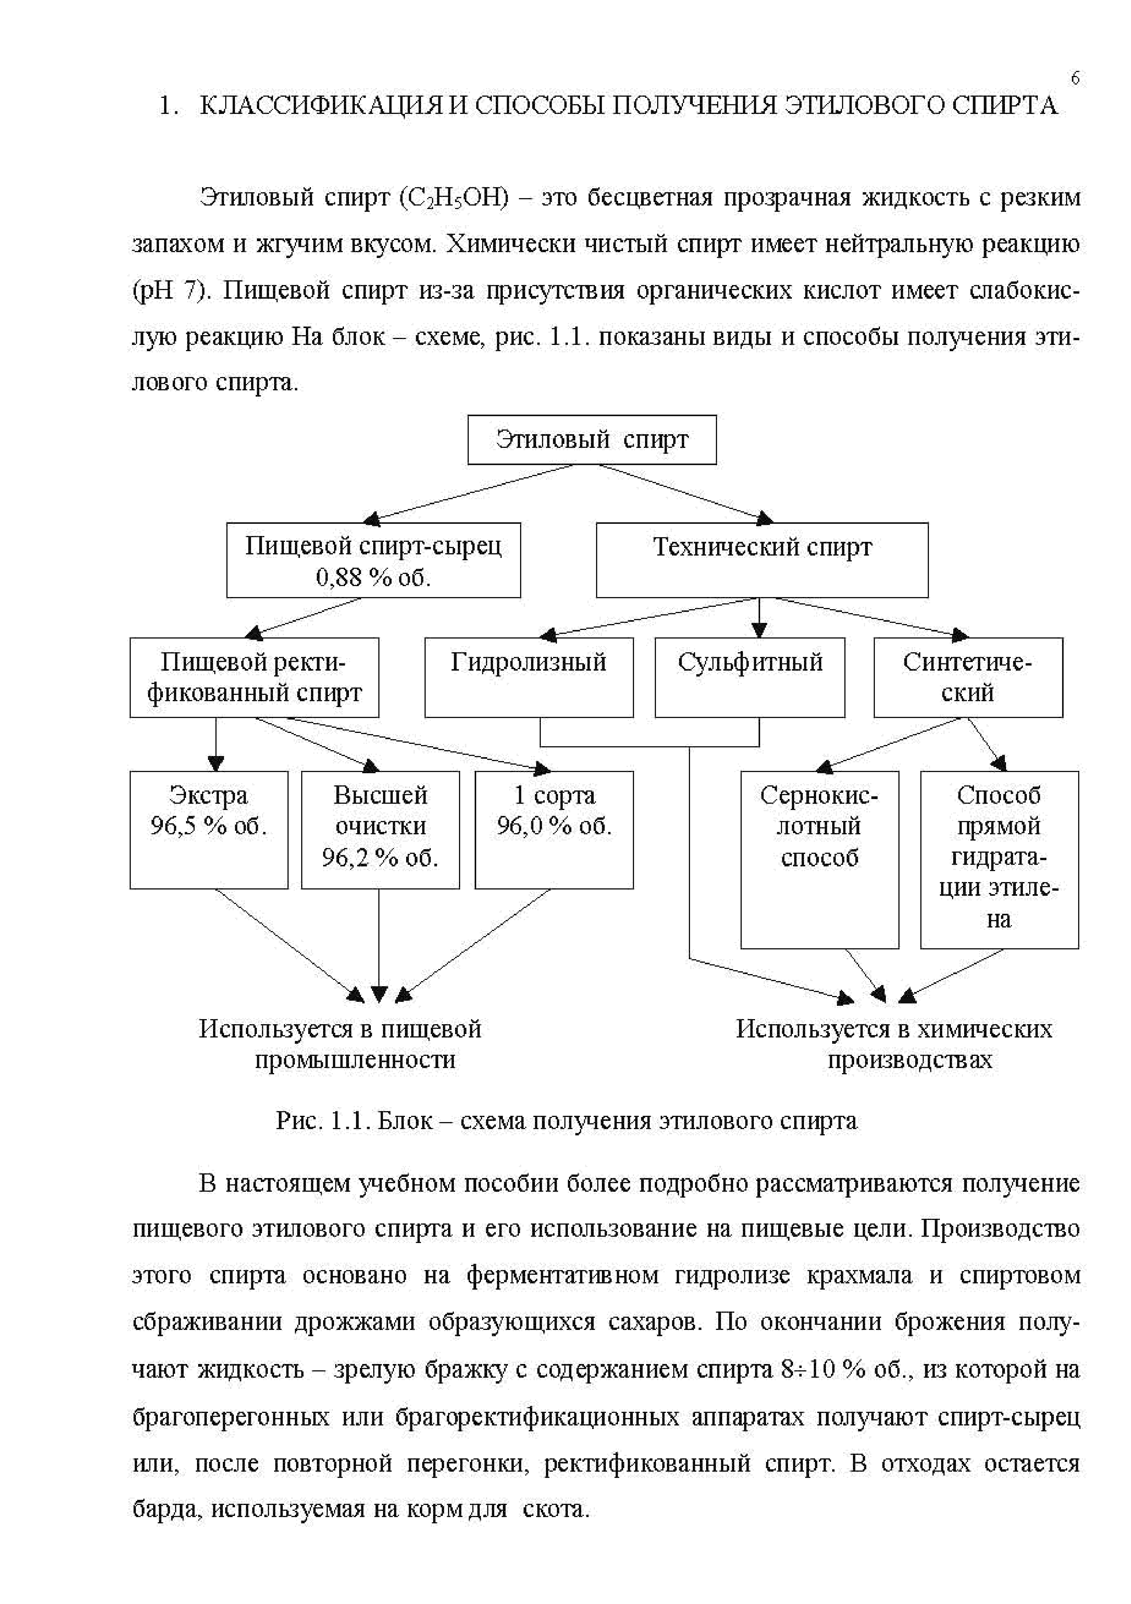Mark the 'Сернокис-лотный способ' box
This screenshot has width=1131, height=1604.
819,859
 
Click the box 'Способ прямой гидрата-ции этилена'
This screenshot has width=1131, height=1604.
999,859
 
